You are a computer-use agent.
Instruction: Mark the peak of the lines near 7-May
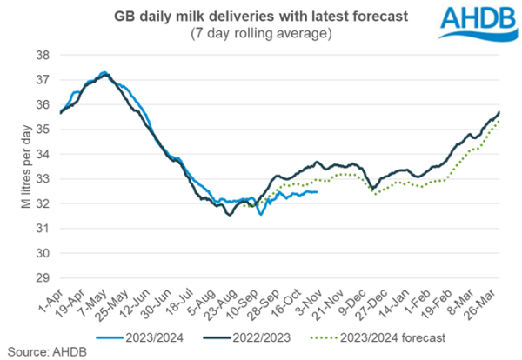(104, 74)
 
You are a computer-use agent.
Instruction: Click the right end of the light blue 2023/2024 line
(317, 192)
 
